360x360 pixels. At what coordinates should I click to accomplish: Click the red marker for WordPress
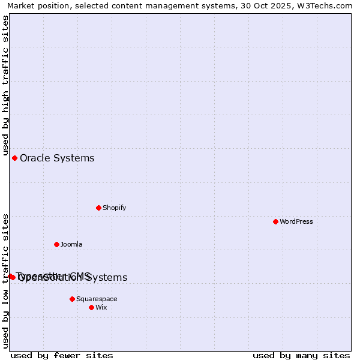click(275, 221)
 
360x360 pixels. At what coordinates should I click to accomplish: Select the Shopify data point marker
click(98, 208)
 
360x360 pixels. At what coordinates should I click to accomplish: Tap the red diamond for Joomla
click(56, 244)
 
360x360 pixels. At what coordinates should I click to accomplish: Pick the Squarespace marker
click(72, 299)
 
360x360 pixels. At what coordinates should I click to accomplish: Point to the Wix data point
click(91, 307)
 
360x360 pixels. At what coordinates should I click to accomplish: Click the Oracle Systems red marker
click(14, 158)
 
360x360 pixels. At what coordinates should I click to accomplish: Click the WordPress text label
click(296, 221)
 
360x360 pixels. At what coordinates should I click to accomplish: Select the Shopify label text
click(114, 208)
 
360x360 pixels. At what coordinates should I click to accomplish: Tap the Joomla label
click(71, 244)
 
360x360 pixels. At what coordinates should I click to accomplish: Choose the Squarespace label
click(97, 299)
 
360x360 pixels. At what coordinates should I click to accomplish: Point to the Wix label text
click(101, 307)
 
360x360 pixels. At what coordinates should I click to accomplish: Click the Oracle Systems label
click(57, 158)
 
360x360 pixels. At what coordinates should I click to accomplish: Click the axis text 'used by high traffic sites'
click(5, 85)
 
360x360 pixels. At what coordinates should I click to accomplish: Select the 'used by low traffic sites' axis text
click(5, 281)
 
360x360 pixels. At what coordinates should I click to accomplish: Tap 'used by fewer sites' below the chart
click(62, 355)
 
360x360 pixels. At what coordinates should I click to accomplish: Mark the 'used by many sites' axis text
click(301, 355)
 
